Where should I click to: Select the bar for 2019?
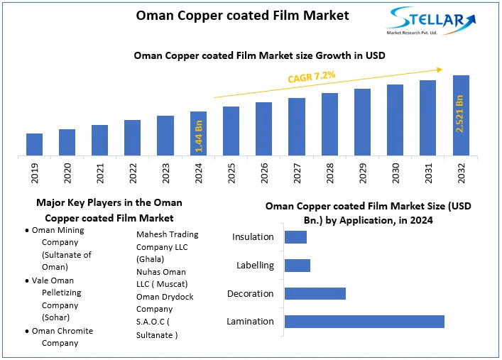34,144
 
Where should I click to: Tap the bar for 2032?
461,115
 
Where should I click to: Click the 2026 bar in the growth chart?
264,129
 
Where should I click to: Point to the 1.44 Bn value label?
199,135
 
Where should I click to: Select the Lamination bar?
364,322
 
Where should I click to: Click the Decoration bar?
315,293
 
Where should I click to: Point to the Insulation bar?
295,237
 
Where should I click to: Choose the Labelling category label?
255,266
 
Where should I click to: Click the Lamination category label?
250,322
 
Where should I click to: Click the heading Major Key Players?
109,202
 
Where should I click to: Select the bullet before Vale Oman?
27,281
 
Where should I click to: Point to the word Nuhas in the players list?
149,272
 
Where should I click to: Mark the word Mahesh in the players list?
152,234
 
